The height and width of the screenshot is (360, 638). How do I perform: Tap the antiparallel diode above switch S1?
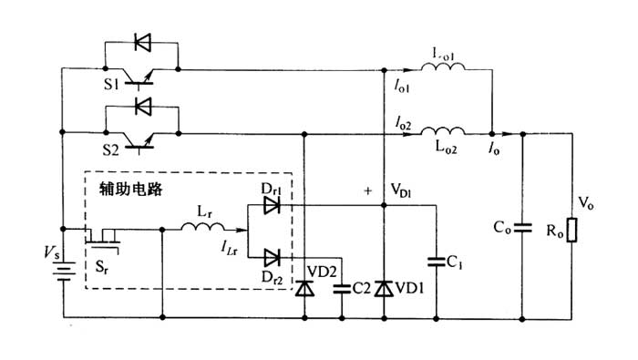click(141, 41)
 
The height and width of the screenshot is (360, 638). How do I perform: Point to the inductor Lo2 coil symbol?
click(446, 131)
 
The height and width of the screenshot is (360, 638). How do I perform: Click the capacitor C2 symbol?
click(343, 288)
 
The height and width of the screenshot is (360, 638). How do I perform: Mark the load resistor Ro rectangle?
click(571, 231)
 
